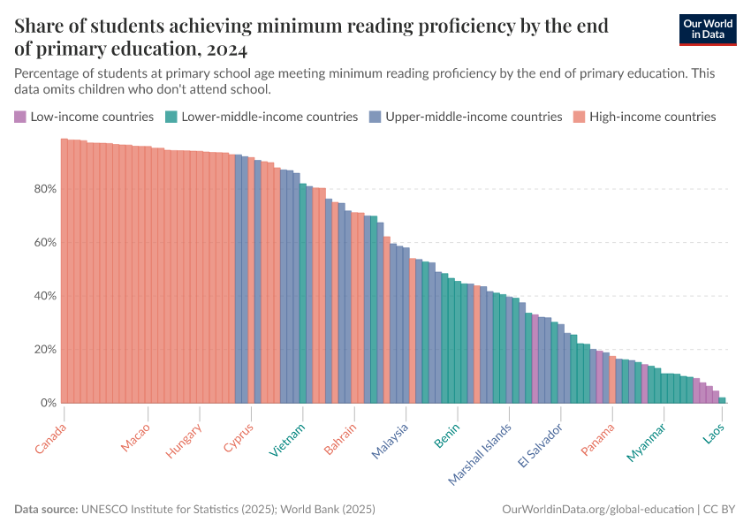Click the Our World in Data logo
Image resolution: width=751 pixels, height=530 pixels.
(x=709, y=29)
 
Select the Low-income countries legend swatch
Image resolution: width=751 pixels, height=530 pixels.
(x=19, y=117)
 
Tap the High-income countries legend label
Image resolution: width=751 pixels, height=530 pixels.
(x=652, y=117)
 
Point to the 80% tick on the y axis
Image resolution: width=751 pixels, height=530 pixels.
(x=46, y=189)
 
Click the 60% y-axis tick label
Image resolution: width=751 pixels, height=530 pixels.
(x=46, y=243)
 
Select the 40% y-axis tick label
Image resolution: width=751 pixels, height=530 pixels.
(x=46, y=296)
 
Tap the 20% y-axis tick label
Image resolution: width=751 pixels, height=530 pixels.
(x=46, y=350)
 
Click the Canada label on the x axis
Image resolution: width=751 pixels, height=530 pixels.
(x=50, y=438)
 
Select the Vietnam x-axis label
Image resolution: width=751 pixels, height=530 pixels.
(x=288, y=440)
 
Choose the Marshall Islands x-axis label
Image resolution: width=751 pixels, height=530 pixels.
(x=480, y=453)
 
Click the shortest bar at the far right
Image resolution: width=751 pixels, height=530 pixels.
(x=722, y=400)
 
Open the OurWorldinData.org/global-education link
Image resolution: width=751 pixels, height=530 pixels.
(x=596, y=510)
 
